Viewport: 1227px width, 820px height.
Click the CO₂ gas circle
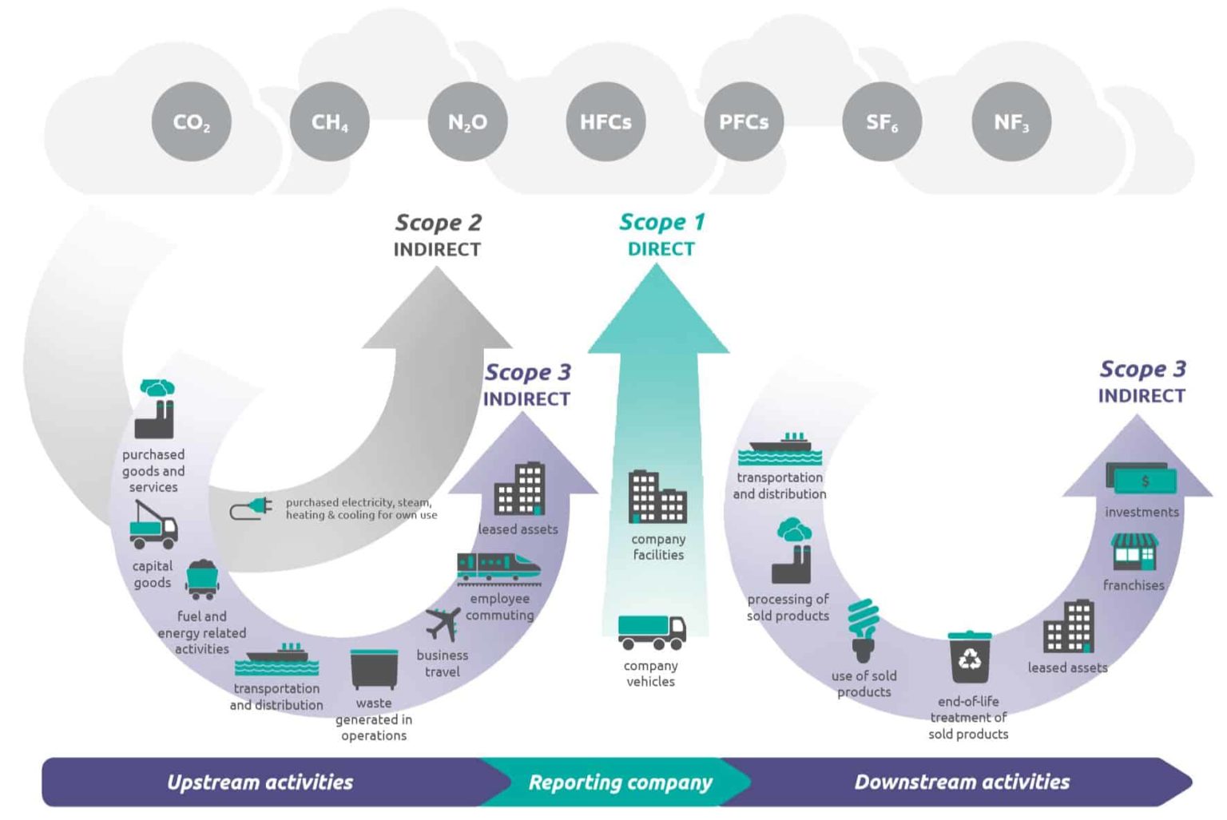(191, 122)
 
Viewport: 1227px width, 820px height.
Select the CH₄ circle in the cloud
(329, 122)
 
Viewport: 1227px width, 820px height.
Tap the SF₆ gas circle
(882, 122)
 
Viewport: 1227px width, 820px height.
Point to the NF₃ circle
(1011, 122)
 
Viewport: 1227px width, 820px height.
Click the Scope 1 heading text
(661, 223)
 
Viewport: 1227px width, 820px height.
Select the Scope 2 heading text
(438, 223)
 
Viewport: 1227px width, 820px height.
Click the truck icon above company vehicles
(651, 632)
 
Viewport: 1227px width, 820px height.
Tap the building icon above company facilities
(657, 497)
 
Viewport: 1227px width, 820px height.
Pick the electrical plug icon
(251, 509)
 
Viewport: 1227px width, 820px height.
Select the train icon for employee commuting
(498, 568)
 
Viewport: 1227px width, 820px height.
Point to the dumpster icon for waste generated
(374, 669)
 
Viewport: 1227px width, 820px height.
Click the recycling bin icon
(969, 658)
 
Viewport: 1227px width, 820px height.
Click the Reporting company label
(620, 782)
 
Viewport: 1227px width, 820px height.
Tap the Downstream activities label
(962, 782)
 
